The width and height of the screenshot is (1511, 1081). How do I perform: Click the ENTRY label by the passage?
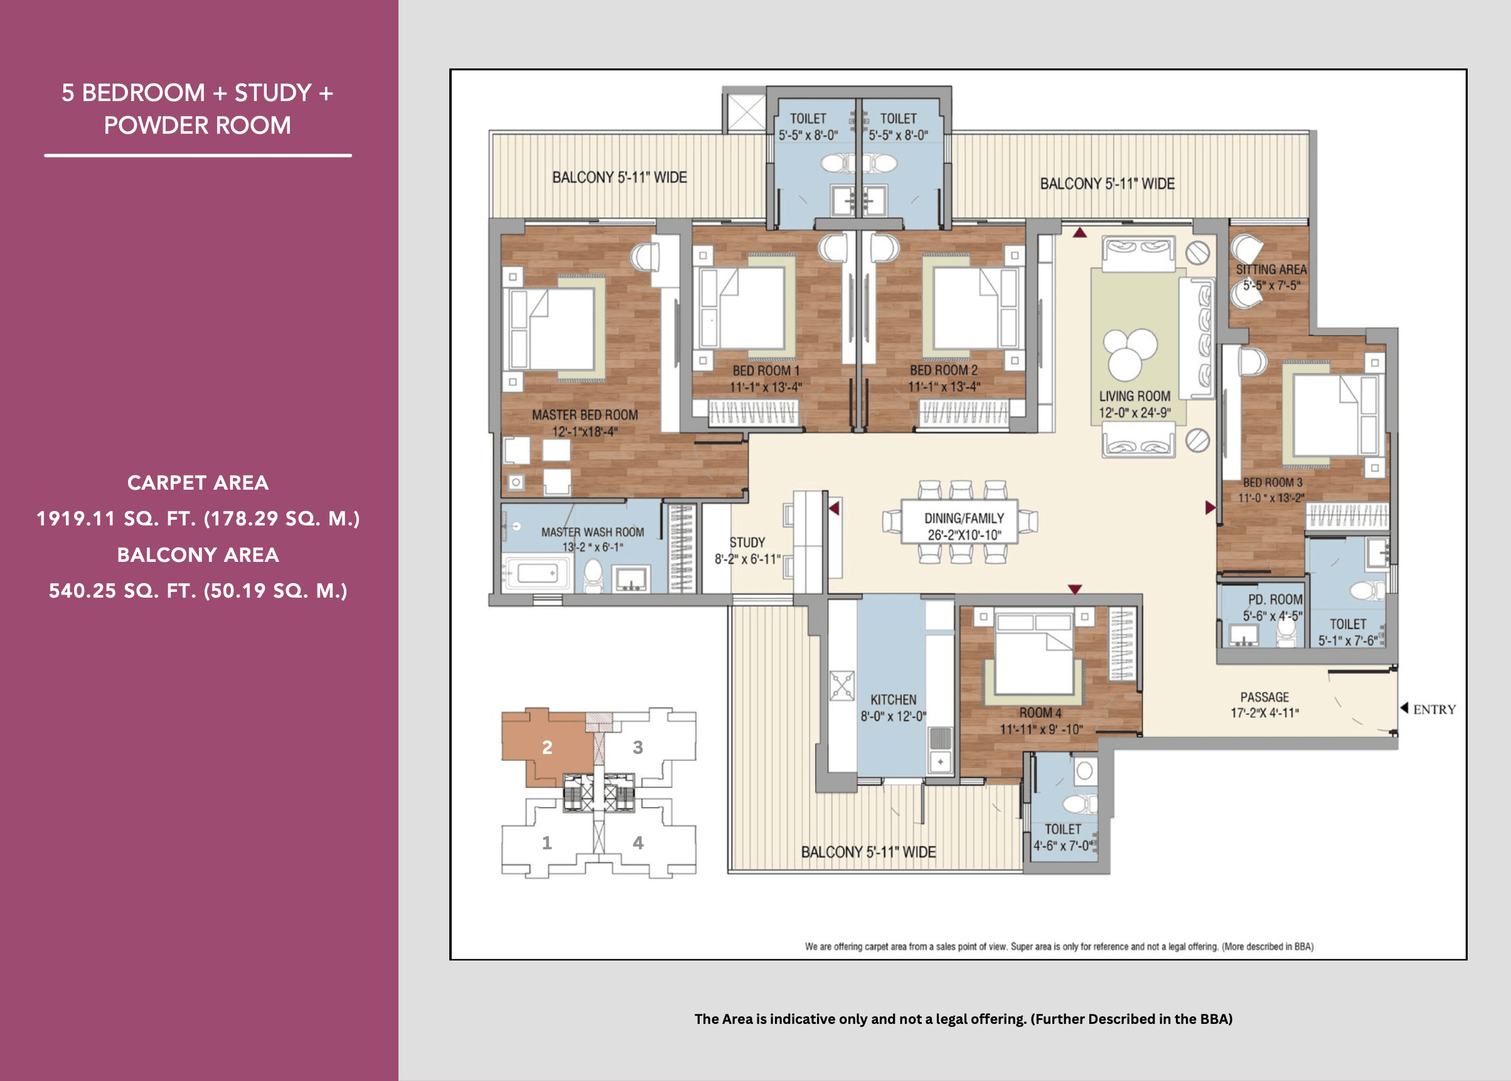pos(1434,709)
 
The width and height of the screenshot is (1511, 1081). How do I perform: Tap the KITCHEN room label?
pos(893,699)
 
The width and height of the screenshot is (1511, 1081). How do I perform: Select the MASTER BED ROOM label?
pos(584,415)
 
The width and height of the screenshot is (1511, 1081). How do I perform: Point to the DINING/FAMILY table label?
pos(963,518)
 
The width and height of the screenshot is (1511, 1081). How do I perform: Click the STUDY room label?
pos(747,542)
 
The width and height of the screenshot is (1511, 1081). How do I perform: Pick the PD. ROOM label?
pos(1275,599)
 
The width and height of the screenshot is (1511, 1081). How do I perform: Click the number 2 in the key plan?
pos(547,748)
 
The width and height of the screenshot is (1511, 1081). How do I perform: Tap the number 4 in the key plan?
pos(638,842)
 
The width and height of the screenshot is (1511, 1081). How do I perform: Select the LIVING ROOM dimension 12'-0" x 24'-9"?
pos(1135,412)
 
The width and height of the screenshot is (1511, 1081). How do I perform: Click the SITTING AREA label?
pos(1271,269)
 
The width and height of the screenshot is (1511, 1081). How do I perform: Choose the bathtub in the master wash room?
pos(538,573)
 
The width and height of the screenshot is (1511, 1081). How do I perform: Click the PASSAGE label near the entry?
pos(1264,697)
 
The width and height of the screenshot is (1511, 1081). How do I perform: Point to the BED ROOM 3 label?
pos(1272,483)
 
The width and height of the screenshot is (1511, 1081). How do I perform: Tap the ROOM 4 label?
pos(1040,713)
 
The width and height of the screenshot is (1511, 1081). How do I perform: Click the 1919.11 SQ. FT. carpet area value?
pos(198,519)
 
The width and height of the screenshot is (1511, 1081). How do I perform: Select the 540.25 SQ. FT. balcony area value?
pos(198,591)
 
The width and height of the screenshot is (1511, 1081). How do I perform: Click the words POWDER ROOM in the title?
pos(197,125)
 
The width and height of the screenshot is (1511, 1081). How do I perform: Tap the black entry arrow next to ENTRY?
pos(1404,707)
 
